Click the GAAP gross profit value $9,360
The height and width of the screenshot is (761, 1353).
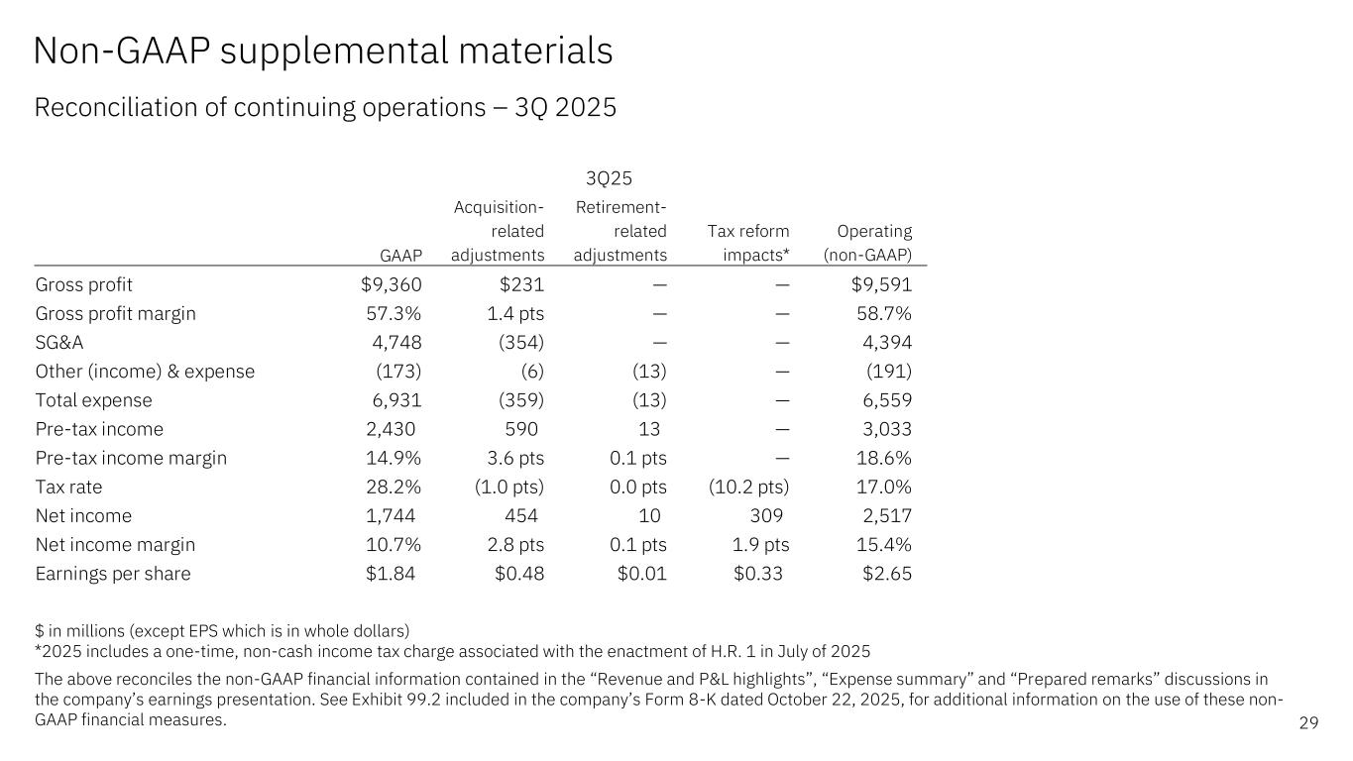pos(392,285)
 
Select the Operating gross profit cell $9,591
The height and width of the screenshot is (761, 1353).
pos(881,285)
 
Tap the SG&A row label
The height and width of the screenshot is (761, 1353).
pos(64,343)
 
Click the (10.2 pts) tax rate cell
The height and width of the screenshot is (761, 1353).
pos(749,488)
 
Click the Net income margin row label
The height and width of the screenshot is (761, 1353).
pos(115,545)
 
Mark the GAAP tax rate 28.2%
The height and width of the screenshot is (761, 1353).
pos(394,488)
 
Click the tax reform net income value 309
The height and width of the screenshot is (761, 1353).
pos(766,516)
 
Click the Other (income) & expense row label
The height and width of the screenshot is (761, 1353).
pos(145,372)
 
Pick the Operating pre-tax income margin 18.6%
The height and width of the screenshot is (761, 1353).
pos(883,459)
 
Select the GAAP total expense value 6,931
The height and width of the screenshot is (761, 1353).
pos(395,401)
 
